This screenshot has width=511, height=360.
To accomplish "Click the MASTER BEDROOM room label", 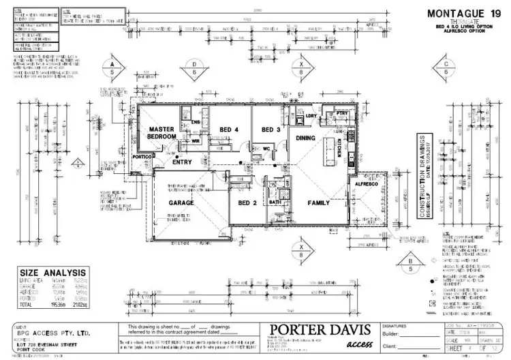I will coord(163,133).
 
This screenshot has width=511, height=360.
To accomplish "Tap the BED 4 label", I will coord(229,130).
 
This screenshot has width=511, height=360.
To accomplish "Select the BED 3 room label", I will coord(271,130).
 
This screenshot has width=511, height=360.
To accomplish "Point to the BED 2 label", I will coord(247,202).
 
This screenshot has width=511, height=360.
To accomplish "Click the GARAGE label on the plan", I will coord(182,202).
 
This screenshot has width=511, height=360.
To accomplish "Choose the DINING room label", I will coord(304,137).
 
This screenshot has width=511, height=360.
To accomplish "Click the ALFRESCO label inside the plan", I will coord(367,184).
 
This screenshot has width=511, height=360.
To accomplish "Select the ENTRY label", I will coord(182,162).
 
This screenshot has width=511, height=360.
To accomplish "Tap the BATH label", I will coord(276,202).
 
